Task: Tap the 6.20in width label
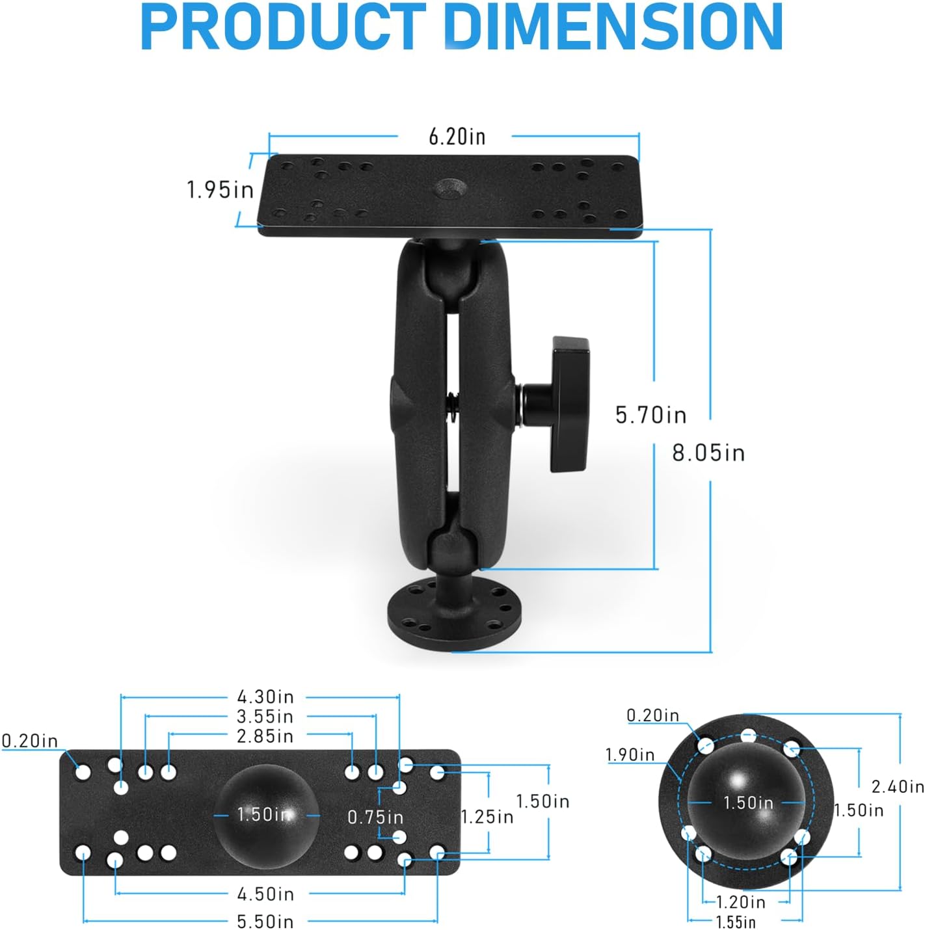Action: pyautogui.click(x=457, y=137)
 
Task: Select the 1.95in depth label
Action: pyautogui.click(x=220, y=190)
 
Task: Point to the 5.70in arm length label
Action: pyautogui.click(x=650, y=415)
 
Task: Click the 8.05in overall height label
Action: pyautogui.click(x=708, y=453)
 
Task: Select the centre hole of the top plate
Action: pyautogui.click(x=451, y=189)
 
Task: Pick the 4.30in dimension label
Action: pyautogui.click(x=265, y=697)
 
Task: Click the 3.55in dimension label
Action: pyautogui.click(x=265, y=717)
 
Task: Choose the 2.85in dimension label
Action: pyautogui.click(x=265, y=736)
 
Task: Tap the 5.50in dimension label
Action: pyautogui.click(x=265, y=922)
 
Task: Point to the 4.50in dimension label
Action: pyautogui.click(x=265, y=894)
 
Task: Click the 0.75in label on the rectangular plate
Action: pyautogui.click(x=375, y=817)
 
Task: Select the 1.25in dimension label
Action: pyautogui.click(x=487, y=817)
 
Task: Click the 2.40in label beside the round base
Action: pyautogui.click(x=898, y=787)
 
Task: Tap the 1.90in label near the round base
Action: pyautogui.click(x=630, y=755)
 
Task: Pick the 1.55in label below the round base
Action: pyautogui.click(x=736, y=922)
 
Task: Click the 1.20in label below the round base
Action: pyautogui.click(x=741, y=903)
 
